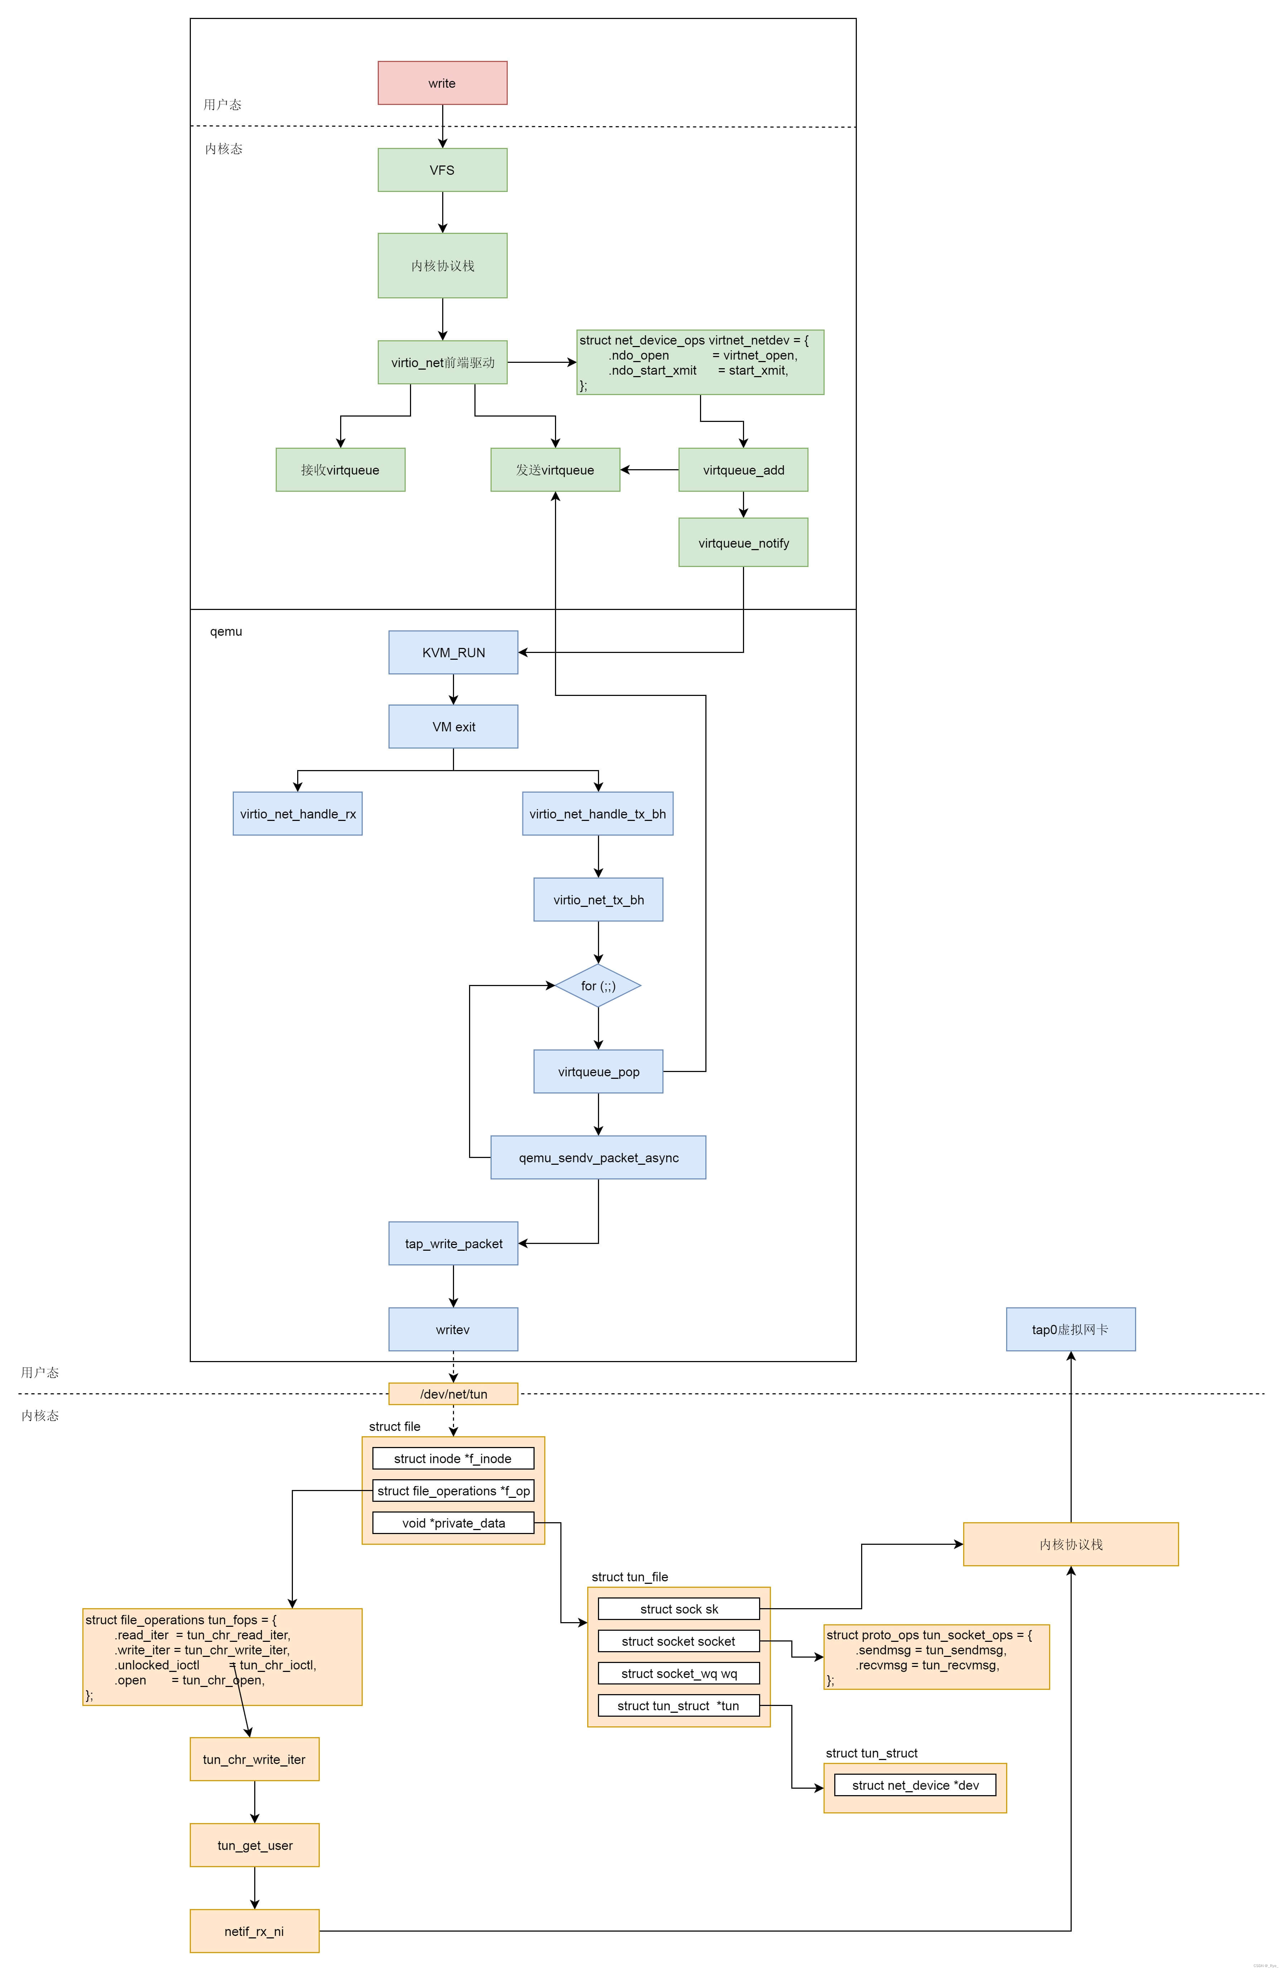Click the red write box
[x=442, y=83]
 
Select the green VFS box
[x=442, y=170]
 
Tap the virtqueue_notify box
[x=743, y=542]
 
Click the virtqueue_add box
[x=743, y=470]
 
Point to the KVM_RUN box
[x=453, y=653]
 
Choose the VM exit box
[x=453, y=726]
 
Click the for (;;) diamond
[x=598, y=986]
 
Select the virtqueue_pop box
[x=598, y=1072]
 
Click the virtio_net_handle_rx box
[x=297, y=813]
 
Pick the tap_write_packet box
[x=453, y=1243]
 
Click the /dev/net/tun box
[x=453, y=1394]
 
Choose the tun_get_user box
[x=254, y=1845]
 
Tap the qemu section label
[x=226, y=631]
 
